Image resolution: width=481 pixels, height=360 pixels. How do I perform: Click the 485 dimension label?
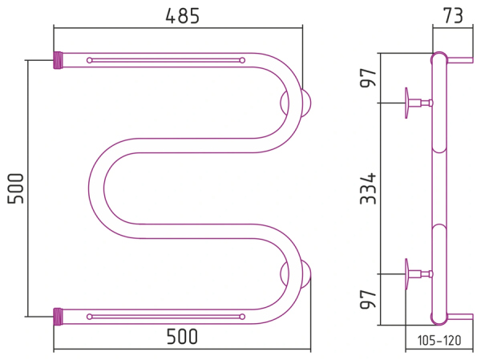pyautogui.click(x=182, y=16)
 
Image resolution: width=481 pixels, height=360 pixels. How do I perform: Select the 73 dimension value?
pyautogui.click(x=453, y=16)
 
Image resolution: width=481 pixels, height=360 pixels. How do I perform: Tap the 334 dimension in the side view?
pyautogui.click(x=368, y=188)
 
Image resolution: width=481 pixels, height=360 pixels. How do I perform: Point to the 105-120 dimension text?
pyautogui.click(x=439, y=341)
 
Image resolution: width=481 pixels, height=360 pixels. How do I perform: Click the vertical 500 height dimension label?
pyautogui.click(x=16, y=188)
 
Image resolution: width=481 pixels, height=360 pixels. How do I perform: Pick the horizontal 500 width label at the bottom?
pyautogui.click(x=182, y=337)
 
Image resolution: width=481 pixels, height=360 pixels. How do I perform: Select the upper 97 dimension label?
pyautogui.click(x=368, y=78)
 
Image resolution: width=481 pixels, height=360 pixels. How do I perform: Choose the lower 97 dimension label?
pyautogui.click(x=368, y=299)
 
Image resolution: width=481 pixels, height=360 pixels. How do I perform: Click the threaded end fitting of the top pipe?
pyautogui.click(x=58, y=60)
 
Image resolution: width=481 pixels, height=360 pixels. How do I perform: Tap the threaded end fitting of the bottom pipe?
pyautogui.click(x=58, y=317)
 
